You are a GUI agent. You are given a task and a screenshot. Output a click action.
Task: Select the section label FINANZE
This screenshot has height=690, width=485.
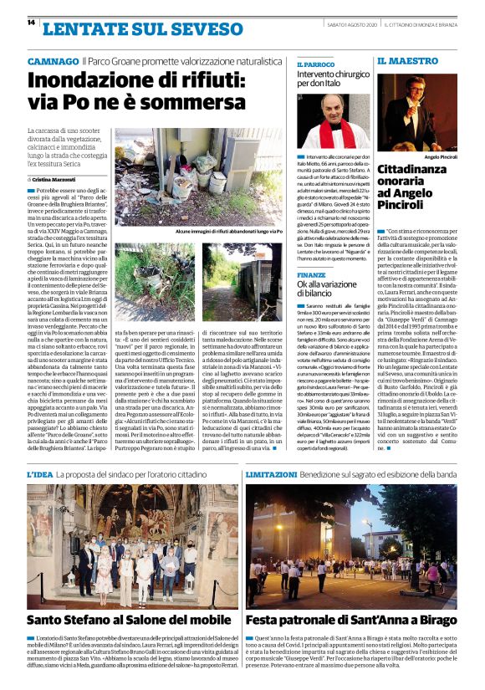coord(311,274)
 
